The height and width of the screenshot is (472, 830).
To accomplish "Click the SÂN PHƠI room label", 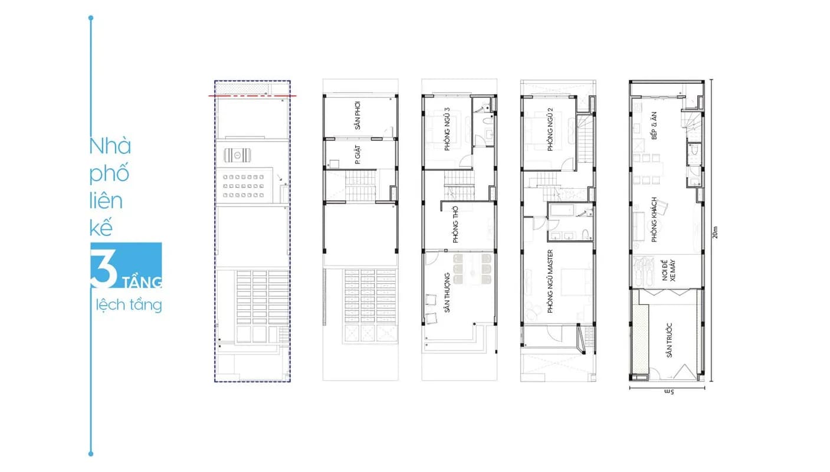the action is [x=357, y=115].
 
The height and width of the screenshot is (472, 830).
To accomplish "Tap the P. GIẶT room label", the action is [x=357, y=155].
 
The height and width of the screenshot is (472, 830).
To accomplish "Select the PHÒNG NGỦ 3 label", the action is [x=447, y=129].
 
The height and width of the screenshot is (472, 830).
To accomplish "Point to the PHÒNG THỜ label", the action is [x=455, y=225].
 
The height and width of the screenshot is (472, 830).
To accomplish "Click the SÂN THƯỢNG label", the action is [x=447, y=293].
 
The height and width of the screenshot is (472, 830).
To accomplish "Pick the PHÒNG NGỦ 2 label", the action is [x=550, y=129].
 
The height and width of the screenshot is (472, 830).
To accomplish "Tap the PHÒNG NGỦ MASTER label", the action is [x=550, y=281].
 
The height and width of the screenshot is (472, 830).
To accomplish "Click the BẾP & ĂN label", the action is [x=654, y=126].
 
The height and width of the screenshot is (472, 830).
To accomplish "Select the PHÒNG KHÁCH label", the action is [x=654, y=219].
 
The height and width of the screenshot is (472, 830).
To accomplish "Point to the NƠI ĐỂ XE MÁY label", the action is [x=669, y=270].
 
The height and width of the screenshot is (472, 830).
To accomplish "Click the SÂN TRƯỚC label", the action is [x=669, y=340].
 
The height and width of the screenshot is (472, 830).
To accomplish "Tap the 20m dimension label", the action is [x=715, y=232].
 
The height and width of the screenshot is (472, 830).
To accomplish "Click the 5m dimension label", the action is [x=669, y=392].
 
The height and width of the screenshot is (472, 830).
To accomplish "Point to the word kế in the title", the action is [x=101, y=228].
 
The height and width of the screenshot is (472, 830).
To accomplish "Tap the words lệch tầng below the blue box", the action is [x=129, y=305].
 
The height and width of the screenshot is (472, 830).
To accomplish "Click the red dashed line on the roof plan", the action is [x=252, y=96].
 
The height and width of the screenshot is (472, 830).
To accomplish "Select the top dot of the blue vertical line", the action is [x=91, y=18].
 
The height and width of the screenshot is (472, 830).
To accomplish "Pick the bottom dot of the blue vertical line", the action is [x=91, y=454].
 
